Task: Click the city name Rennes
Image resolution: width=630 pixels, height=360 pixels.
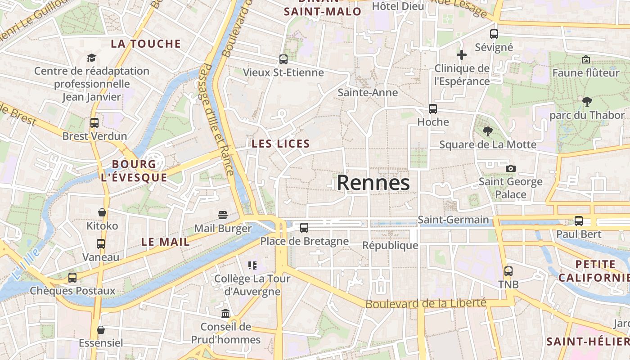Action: point(373,183)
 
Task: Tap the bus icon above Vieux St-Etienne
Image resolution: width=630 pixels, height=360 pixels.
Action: point(283,59)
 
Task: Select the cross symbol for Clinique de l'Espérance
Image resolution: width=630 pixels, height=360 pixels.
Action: point(462,55)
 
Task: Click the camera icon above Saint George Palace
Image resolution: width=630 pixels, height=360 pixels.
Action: point(510,168)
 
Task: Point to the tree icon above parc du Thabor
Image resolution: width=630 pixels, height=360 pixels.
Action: point(587,101)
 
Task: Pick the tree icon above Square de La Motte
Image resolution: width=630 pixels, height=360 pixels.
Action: point(487,131)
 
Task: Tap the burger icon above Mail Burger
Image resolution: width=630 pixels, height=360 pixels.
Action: point(223,215)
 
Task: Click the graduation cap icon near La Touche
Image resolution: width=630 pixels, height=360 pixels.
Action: point(92,58)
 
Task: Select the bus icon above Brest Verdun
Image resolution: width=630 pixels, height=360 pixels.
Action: point(94,122)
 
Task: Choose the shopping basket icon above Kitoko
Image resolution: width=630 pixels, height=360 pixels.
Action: point(102,212)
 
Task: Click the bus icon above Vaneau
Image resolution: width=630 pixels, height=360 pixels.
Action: point(101,244)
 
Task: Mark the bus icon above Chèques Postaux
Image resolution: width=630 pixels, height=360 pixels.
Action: point(72,277)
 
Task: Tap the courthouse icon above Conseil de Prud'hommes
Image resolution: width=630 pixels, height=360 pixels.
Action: point(225,313)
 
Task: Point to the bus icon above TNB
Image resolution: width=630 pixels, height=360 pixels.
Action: point(508,271)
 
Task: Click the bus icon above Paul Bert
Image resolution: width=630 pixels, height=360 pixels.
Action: point(579,221)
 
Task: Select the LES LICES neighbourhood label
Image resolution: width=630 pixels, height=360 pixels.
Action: point(281,144)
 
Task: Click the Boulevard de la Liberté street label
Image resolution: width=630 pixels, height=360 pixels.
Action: point(426,303)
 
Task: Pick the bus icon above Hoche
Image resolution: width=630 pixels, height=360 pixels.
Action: point(433,108)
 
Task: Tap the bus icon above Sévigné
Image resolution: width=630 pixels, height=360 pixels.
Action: point(494,34)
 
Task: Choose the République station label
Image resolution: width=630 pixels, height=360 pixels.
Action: point(390,245)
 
